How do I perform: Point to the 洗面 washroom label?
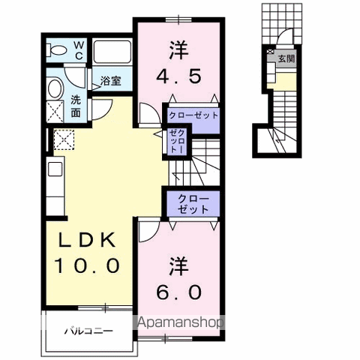tap(76, 105)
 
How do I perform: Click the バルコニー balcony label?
tap(87, 330)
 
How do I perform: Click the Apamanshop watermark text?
tap(180, 324)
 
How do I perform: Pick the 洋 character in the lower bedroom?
tap(179, 267)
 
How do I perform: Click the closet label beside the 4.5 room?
tap(193, 116)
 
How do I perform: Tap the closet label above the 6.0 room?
tap(193, 203)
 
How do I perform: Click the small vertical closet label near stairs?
tap(177, 142)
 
